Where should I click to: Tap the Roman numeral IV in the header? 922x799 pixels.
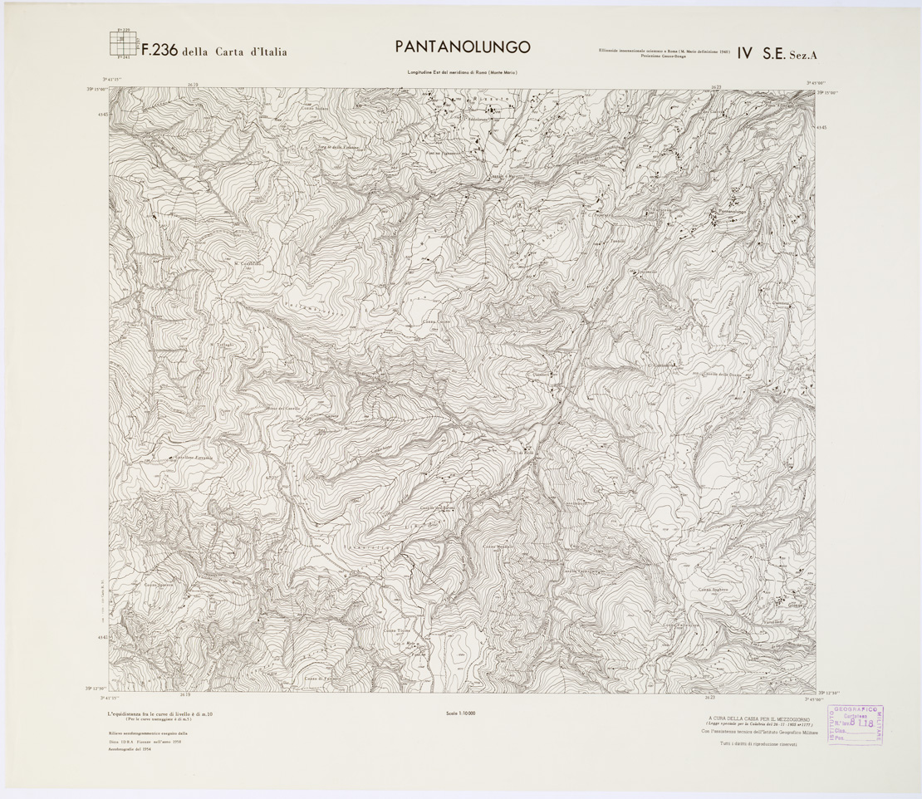click(x=743, y=53)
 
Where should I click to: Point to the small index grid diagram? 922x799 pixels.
click(x=123, y=43)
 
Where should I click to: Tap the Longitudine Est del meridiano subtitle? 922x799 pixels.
click(x=461, y=74)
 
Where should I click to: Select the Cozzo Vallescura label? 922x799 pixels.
click(x=682, y=625)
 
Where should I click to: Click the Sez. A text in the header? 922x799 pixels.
click(x=802, y=56)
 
